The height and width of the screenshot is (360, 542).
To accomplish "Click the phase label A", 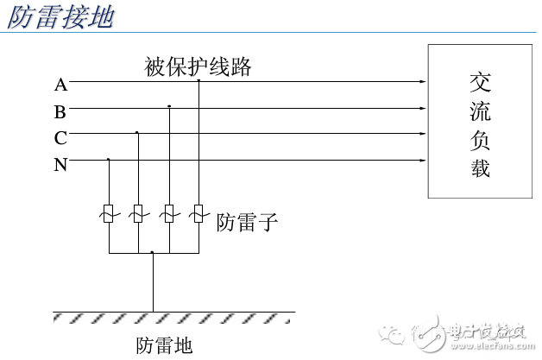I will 60,85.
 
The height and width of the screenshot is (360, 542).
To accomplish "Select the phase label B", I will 60,111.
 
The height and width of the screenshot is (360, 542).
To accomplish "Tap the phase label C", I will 60,138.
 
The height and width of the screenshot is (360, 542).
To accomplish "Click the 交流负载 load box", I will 480,122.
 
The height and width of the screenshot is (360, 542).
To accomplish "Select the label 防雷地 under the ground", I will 164,345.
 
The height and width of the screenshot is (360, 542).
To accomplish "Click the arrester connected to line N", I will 109,213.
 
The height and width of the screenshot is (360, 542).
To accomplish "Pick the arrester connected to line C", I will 137,213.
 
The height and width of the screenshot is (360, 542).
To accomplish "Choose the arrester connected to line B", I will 169,213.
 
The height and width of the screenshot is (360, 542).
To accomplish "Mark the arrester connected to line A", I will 199,213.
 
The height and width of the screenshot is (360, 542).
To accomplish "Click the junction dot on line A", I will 199,81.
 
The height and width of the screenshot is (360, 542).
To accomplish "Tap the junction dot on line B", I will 169,107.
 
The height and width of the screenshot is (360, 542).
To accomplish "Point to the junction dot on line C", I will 137,133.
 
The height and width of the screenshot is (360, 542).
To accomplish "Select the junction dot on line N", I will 109,160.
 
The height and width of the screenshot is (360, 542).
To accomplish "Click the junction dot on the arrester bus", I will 153,253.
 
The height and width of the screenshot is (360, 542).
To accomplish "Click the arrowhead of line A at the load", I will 422,83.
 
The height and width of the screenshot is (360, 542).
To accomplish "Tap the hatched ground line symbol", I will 173,316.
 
